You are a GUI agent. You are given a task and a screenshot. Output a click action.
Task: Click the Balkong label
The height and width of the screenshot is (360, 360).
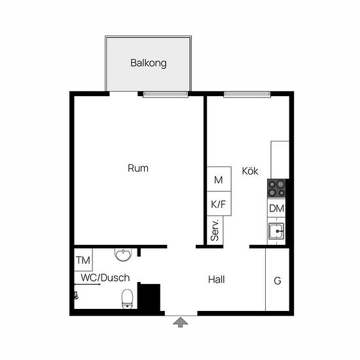[149, 63]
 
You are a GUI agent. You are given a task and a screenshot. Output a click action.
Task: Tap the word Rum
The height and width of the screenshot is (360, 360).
[137, 168]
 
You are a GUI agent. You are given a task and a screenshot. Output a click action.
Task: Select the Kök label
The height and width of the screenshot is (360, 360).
[250, 171]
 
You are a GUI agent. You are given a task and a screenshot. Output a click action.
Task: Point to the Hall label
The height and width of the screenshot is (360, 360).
[216, 279]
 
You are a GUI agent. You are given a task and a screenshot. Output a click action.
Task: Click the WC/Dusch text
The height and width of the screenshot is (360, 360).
[105, 278]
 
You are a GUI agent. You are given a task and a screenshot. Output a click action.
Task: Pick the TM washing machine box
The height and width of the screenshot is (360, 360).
[83, 260]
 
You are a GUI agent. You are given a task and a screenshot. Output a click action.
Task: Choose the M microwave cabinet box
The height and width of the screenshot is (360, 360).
[219, 179]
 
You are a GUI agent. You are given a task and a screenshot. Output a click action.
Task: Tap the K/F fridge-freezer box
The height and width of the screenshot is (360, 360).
[219, 204]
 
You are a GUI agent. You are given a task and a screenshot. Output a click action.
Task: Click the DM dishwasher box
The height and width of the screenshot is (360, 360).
[276, 208]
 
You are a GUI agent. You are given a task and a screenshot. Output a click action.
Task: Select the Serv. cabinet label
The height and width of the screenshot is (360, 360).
[215, 230]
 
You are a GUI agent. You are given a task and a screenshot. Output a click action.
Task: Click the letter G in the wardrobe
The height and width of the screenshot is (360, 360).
[278, 281]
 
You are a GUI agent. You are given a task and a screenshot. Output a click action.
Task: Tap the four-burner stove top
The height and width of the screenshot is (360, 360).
[276, 189]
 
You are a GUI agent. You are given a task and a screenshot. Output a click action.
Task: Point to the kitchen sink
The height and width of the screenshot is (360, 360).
[276, 231]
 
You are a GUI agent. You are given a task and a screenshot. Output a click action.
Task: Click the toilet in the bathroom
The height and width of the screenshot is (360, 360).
[127, 299]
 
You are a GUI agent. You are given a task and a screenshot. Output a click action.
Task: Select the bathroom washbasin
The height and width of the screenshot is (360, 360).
[123, 255]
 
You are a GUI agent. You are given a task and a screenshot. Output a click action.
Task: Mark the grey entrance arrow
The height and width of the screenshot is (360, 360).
[181, 322]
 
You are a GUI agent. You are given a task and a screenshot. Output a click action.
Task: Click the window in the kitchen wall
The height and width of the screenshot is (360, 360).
[247, 94]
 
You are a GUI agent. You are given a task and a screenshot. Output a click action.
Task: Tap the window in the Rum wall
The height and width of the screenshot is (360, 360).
[166, 94]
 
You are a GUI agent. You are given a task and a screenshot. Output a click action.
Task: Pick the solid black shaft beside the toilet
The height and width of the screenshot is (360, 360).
[149, 297]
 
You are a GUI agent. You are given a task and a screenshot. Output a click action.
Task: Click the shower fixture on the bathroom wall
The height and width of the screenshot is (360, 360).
[76, 295]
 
